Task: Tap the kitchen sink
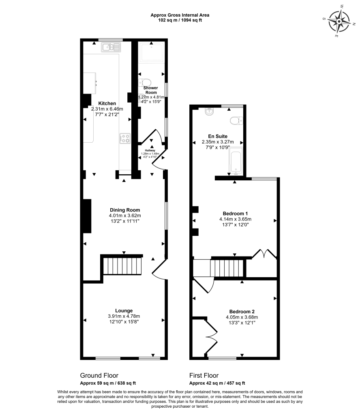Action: [111, 48]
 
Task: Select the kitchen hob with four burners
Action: [125, 138]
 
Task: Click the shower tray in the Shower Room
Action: [151, 53]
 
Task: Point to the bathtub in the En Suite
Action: [236, 162]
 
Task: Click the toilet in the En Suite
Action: [236, 120]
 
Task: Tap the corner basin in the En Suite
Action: [210, 112]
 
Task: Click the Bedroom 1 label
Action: [235, 214]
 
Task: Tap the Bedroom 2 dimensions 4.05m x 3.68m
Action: [242, 317]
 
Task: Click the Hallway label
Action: [151, 150]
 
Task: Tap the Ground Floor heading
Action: [99, 375]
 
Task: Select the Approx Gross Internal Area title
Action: [180, 15]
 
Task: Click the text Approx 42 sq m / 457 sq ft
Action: [217, 383]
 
